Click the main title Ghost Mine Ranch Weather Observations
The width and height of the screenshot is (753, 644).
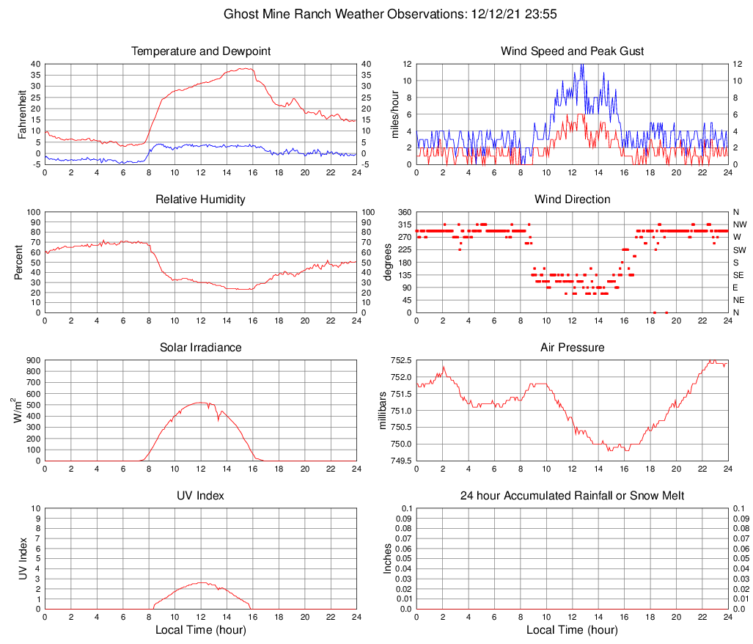coord(376,13)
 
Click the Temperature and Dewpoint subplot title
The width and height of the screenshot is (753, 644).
coord(201,51)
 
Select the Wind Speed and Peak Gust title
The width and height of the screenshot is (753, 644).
coord(572,51)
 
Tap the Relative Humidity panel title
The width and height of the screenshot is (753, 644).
coord(201,200)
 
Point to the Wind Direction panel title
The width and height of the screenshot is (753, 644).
coord(572,200)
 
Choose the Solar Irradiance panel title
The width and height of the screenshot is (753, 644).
coord(201,348)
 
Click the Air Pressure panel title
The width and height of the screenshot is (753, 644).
coord(572,348)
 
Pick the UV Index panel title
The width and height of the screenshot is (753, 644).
coord(201,496)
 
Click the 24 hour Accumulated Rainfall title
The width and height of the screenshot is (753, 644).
coord(572,496)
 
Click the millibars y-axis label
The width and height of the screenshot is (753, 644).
coord(383,411)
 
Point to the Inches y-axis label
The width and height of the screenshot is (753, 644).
coord(388,559)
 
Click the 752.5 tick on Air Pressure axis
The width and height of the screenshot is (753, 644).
coord(400,361)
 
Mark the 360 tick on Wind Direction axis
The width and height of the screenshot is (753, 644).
coord(404,213)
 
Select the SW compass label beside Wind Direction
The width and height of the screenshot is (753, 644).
coord(739,250)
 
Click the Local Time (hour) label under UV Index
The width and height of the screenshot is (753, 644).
coord(201,630)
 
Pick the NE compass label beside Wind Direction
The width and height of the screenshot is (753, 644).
coord(739,300)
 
